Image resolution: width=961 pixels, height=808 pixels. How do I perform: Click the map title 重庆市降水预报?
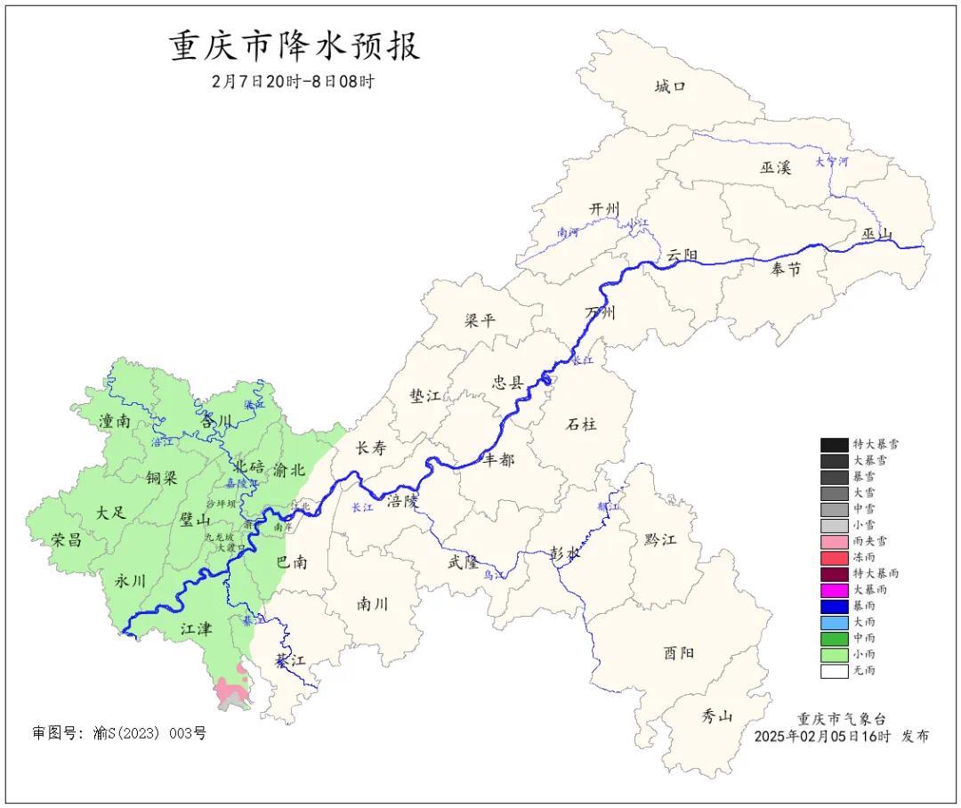[295, 46]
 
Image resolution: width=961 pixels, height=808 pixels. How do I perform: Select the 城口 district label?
[670, 86]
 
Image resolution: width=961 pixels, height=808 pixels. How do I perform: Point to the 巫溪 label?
[775, 166]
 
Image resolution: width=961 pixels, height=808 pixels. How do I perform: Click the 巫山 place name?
[876, 234]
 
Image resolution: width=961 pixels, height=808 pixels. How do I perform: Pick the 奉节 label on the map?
[786, 269]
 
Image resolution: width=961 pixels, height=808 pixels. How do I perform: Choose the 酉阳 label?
[678, 653]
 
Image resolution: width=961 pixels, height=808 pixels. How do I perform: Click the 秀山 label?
[716, 715]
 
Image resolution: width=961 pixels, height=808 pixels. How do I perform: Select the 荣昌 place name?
[66, 540]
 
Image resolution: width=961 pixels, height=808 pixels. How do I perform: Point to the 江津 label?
[196, 629]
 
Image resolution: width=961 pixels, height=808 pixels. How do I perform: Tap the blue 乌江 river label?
[493, 576]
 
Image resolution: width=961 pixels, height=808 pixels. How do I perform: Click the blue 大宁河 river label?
[832, 163]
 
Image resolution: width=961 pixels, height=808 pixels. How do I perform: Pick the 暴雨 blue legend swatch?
[834, 606]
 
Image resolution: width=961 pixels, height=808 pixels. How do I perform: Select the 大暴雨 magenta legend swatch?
[834, 590]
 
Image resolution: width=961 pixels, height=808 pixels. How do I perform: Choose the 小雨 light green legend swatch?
[834, 655]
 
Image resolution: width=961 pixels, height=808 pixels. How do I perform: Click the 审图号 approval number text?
[119, 733]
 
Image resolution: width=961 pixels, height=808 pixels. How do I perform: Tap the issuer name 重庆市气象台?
[841, 719]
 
